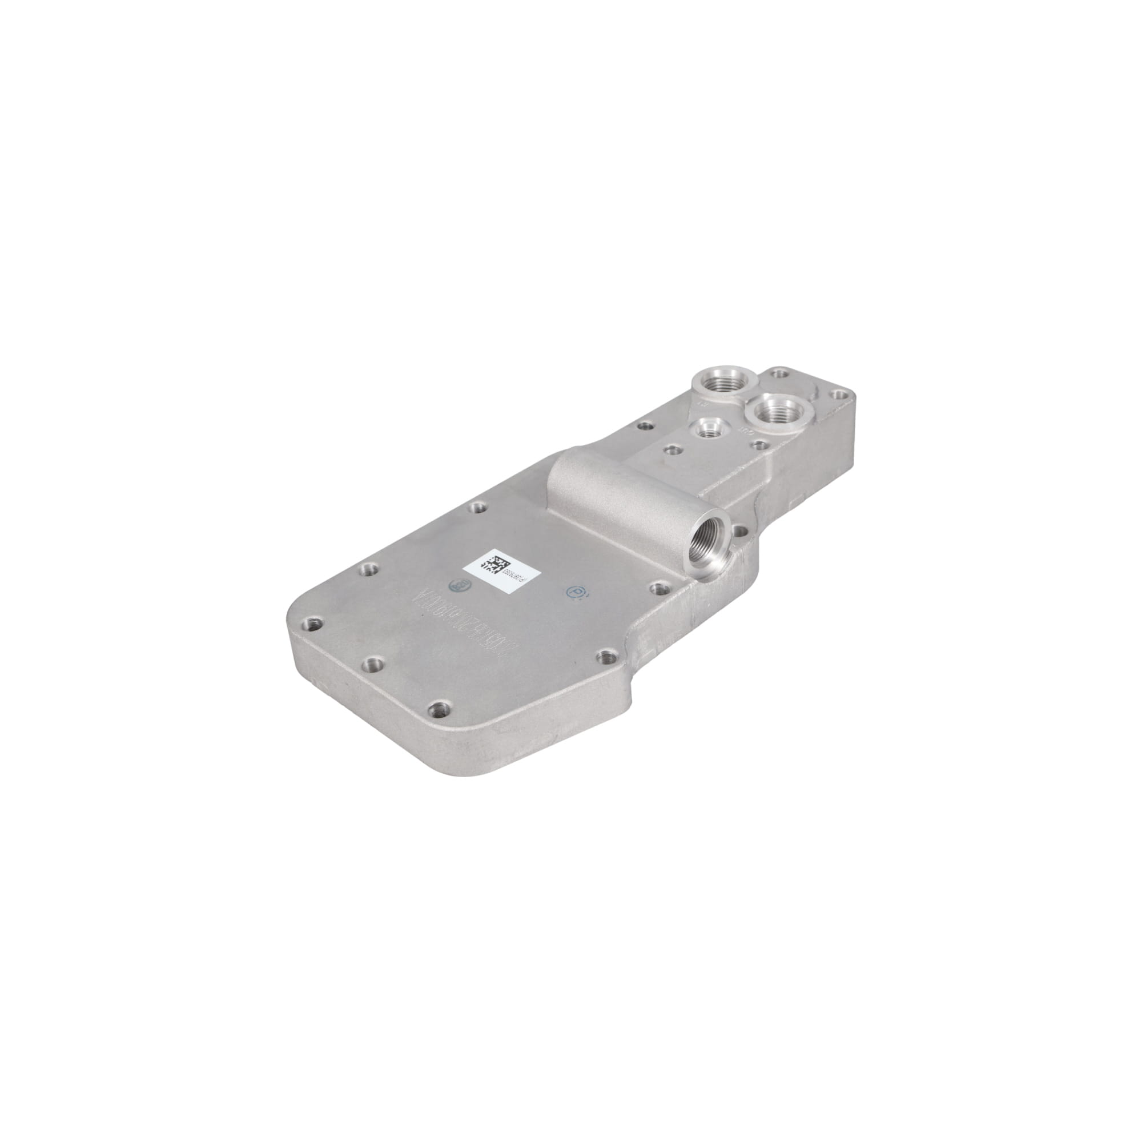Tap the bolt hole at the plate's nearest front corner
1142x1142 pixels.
tap(439, 710)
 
